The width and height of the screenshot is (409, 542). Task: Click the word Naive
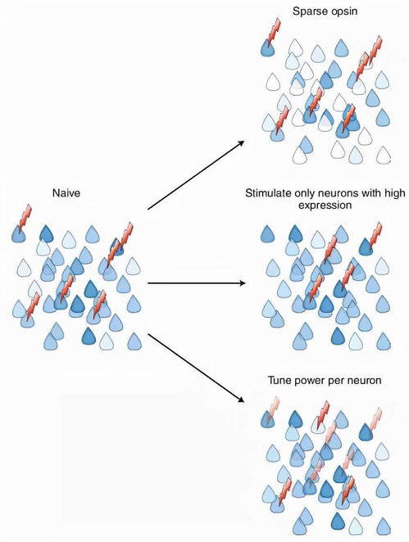tap(66, 192)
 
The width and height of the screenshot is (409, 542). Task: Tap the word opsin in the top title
tap(343, 11)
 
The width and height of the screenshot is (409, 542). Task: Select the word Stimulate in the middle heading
tap(267, 193)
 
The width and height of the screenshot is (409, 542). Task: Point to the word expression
tap(325, 206)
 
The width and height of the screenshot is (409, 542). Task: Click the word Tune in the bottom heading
tap(279, 380)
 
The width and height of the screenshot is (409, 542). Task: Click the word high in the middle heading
tap(393, 193)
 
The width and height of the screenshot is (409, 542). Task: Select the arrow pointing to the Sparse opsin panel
tap(196, 175)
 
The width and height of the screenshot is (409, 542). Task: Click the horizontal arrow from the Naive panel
tap(196, 283)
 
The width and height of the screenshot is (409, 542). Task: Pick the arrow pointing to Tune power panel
tap(196, 368)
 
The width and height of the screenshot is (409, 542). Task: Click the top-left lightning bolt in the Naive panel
tap(25, 217)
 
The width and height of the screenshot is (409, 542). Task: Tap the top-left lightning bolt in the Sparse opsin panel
tap(274, 31)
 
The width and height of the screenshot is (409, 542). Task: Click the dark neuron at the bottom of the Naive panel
tap(89, 336)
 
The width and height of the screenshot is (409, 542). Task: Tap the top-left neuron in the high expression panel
tap(267, 233)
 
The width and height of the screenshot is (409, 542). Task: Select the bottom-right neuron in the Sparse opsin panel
tap(383, 155)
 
